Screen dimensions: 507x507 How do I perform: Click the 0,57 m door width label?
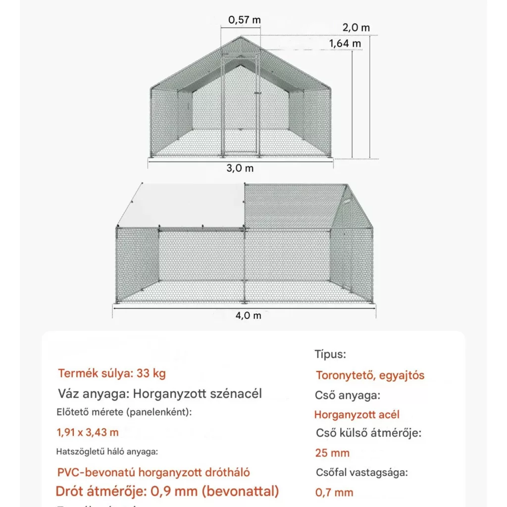(244, 20)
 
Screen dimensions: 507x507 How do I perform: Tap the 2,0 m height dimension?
(356, 28)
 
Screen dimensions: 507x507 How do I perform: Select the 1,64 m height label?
(345, 44)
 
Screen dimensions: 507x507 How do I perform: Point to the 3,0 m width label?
(240, 168)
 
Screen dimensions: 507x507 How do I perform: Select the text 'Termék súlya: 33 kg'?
(112, 373)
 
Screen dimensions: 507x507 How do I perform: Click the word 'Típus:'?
(330, 355)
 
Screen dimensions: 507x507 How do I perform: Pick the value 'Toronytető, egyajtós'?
(370, 375)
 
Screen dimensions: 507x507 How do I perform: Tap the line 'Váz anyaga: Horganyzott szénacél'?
(160, 394)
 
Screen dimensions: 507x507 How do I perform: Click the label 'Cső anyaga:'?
(347, 396)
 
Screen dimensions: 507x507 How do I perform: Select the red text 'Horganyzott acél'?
(356, 415)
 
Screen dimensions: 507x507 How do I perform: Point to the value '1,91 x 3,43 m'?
(88, 432)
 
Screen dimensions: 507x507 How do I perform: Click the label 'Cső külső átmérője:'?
(368, 433)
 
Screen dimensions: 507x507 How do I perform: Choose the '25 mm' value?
(332, 453)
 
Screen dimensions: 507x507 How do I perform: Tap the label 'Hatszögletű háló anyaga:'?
(107, 452)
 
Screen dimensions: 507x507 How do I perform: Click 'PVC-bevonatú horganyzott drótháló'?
(153, 472)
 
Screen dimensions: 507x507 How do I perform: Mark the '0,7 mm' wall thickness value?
(334, 492)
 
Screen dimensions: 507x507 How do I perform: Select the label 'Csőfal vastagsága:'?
(361, 472)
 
